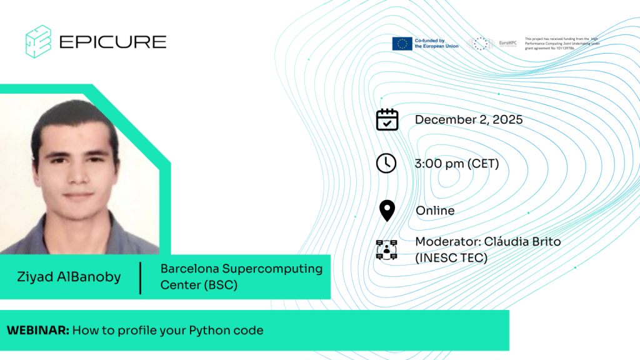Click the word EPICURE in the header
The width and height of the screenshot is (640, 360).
click(112, 42)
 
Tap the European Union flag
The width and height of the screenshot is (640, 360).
click(402, 44)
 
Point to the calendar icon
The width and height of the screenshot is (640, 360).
click(387, 119)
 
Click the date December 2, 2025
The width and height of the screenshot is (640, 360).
click(469, 119)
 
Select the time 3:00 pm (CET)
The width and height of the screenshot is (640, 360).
click(457, 164)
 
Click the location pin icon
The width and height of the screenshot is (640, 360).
click(387, 211)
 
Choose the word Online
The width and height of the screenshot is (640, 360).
click(435, 211)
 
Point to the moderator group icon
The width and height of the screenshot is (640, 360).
click(387, 249)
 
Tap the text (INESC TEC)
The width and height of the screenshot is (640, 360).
click(451, 257)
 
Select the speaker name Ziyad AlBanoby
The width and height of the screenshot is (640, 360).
click(69, 277)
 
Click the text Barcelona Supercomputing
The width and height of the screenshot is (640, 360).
click(241, 269)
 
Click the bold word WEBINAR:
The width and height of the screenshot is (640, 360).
click(38, 330)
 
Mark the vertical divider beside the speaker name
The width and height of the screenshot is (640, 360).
click(141, 277)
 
